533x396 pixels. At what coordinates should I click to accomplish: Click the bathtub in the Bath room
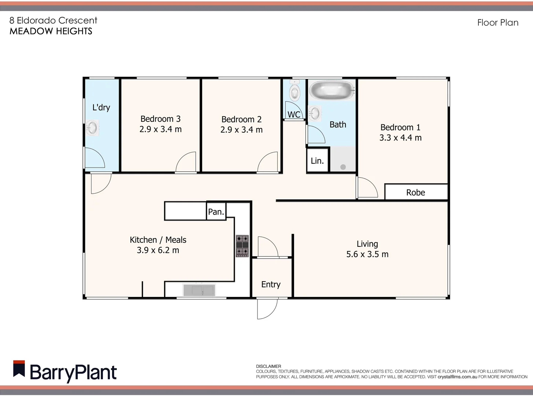pos(332,89)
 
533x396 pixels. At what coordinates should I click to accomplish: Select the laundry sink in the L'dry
pos(92,128)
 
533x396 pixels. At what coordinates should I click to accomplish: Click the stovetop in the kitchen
pos(242,246)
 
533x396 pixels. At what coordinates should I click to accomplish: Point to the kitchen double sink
pos(199,290)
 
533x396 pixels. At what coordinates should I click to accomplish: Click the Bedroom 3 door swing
pos(187,162)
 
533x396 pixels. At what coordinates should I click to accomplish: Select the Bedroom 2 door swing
pos(268,162)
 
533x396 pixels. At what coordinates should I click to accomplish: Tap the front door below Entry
pos(267,308)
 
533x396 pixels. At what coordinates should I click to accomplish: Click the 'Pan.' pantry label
pos(216,212)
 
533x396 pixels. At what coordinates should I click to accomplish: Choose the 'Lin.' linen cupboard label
pos(317,161)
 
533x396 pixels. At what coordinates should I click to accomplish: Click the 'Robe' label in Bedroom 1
pos(416,192)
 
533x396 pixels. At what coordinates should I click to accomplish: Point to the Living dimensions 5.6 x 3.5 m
pos(367,254)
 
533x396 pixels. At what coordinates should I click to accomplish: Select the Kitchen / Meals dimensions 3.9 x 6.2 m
pos(158,250)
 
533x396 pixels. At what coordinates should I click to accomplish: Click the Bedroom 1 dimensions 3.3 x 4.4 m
pos(400,137)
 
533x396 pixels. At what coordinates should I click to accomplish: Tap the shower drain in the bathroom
pos(343,167)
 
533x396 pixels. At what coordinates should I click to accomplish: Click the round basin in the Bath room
pos(314,113)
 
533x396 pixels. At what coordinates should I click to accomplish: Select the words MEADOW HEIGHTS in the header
pos(51,31)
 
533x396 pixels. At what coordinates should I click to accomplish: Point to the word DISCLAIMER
pos(269,366)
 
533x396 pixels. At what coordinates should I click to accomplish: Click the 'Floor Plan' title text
pos(498,23)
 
